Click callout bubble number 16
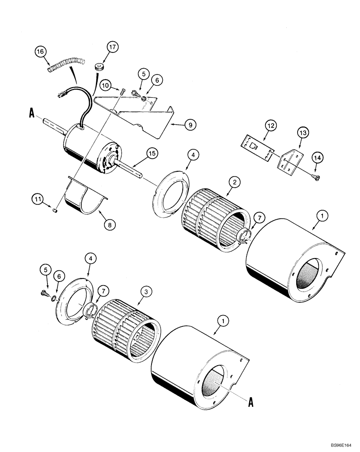click(41, 52)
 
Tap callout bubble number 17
click(113, 47)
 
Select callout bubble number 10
click(105, 85)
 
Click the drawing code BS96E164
click(342, 443)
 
